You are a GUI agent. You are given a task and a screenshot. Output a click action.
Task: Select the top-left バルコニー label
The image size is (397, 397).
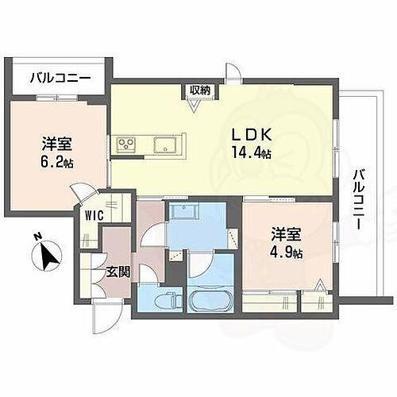pyautogui.click(x=60, y=78)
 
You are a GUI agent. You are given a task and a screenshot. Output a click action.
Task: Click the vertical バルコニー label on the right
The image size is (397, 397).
pyautogui.click(x=358, y=198)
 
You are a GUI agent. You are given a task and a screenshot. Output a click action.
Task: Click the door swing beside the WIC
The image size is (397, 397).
pyautogui.click(x=81, y=194)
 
